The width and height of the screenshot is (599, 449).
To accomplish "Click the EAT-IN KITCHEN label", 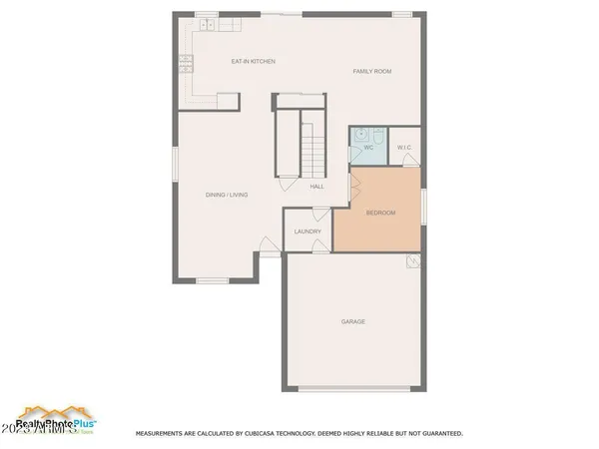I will [x=253, y=62].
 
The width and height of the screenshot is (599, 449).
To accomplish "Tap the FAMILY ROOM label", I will [x=370, y=72].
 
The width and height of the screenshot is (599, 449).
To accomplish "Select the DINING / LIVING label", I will [x=226, y=195].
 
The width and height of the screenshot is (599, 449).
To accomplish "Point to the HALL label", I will [x=316, y=187].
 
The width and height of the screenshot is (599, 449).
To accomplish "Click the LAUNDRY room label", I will [x=307, y=231].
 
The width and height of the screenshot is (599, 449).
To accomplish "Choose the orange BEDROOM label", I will [x=380, y=213].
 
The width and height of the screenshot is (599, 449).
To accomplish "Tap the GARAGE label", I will [x=352, y=321].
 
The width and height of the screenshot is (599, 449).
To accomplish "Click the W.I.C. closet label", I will [x=404, y=149].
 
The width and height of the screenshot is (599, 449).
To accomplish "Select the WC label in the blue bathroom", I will [x=367, y=148].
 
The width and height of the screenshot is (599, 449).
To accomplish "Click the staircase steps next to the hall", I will [x=313, y=150].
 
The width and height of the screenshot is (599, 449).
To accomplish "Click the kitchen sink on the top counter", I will [x=208, y=22].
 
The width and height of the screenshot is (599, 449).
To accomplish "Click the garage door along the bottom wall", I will [x=352, y=387].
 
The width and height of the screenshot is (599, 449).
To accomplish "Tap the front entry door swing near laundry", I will [x=269, y=243].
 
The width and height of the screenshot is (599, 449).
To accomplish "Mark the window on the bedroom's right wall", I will [x=422, y=207].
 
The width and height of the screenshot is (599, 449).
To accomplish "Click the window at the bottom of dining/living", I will [x=214, y=280].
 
